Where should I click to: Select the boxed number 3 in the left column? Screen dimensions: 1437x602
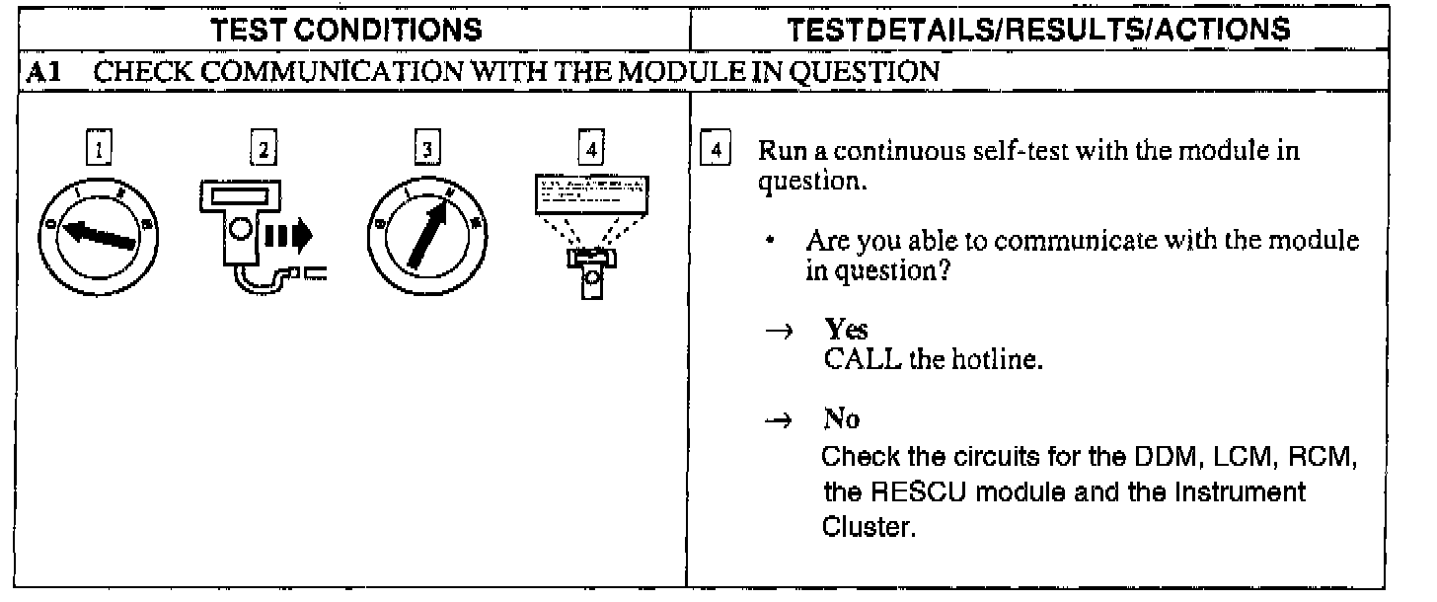tap(425, 152)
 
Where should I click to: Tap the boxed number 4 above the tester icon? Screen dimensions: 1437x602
tap(589, 152)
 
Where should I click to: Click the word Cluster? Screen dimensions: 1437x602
tap(868, 527)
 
